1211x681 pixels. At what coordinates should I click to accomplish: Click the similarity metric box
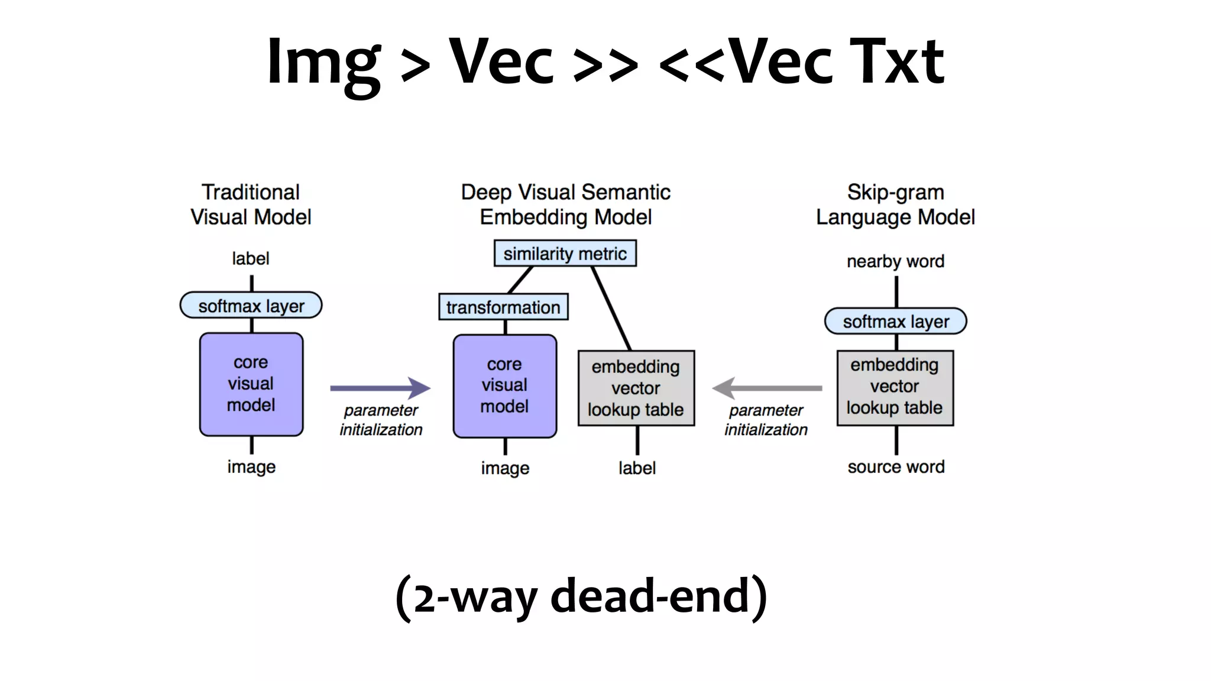click(565, 254)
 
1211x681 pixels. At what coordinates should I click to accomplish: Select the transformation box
click(503, 307)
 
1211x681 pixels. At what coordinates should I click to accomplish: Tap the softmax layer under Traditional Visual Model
click(251, 306)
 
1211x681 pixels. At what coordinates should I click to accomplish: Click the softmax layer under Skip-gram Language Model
click(895, 322)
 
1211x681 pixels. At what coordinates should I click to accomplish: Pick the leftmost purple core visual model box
click(251, 384)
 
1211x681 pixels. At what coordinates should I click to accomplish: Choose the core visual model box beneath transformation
click(504, 386)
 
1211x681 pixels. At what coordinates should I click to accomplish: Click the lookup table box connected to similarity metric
click(636, 388)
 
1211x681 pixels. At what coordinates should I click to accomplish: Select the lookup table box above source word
click(895, 387)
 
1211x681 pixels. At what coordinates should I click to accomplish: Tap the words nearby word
click(895, 261)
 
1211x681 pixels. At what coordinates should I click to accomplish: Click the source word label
click(895, 467)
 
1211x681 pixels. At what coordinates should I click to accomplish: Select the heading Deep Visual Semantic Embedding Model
click(565, 205)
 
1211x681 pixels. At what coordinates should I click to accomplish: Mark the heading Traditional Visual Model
click(251, 205)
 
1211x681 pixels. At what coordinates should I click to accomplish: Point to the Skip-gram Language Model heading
click(895, 205)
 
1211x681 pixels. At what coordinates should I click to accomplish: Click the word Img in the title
click(323, 62)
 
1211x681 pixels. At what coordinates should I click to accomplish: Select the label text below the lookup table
click(637, 468)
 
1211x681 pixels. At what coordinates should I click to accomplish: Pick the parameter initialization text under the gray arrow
click(766, 420)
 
